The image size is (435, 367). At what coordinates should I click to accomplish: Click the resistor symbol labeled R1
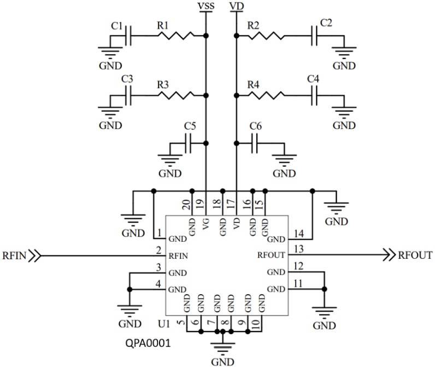click(175, 36)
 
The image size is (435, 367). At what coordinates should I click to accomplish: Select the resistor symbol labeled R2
click(266, 36)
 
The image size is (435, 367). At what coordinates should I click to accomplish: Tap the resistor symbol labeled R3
click(175, 95)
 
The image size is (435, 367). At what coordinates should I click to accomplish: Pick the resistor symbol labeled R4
click(266, 95)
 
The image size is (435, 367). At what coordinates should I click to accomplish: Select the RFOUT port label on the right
click(416, 255)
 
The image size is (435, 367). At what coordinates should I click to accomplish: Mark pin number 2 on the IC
click(158, 250)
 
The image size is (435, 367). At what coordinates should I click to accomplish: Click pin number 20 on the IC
click(187, 204)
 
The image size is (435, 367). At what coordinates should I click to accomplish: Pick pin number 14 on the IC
click(297, 233)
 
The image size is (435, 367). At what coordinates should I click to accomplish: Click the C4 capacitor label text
click(313, 79)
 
